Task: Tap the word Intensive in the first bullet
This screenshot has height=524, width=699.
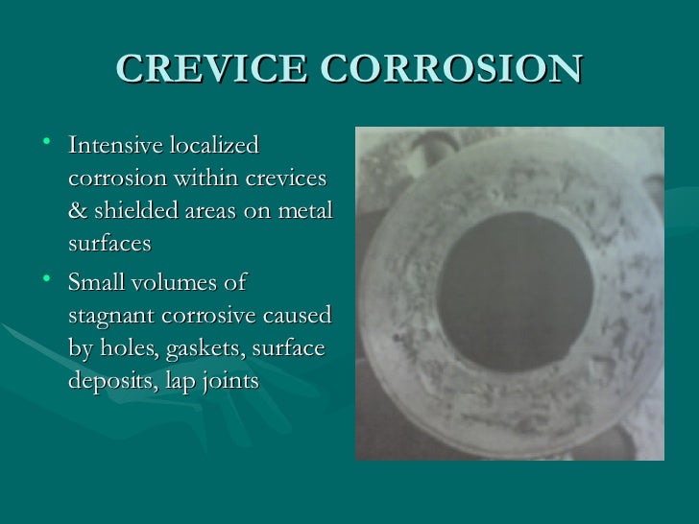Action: [x=115, y=146]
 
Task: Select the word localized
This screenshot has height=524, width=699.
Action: [x=213, y=146]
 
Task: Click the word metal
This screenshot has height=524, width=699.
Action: [x=304, y=211]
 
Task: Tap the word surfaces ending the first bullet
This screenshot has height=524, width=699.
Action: [x=109, y=244]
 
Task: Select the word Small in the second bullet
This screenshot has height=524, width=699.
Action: [x=96, y=283]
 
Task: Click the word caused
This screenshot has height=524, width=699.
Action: [x=297, y=316]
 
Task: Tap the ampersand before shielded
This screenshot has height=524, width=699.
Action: [x=77, y=211]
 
